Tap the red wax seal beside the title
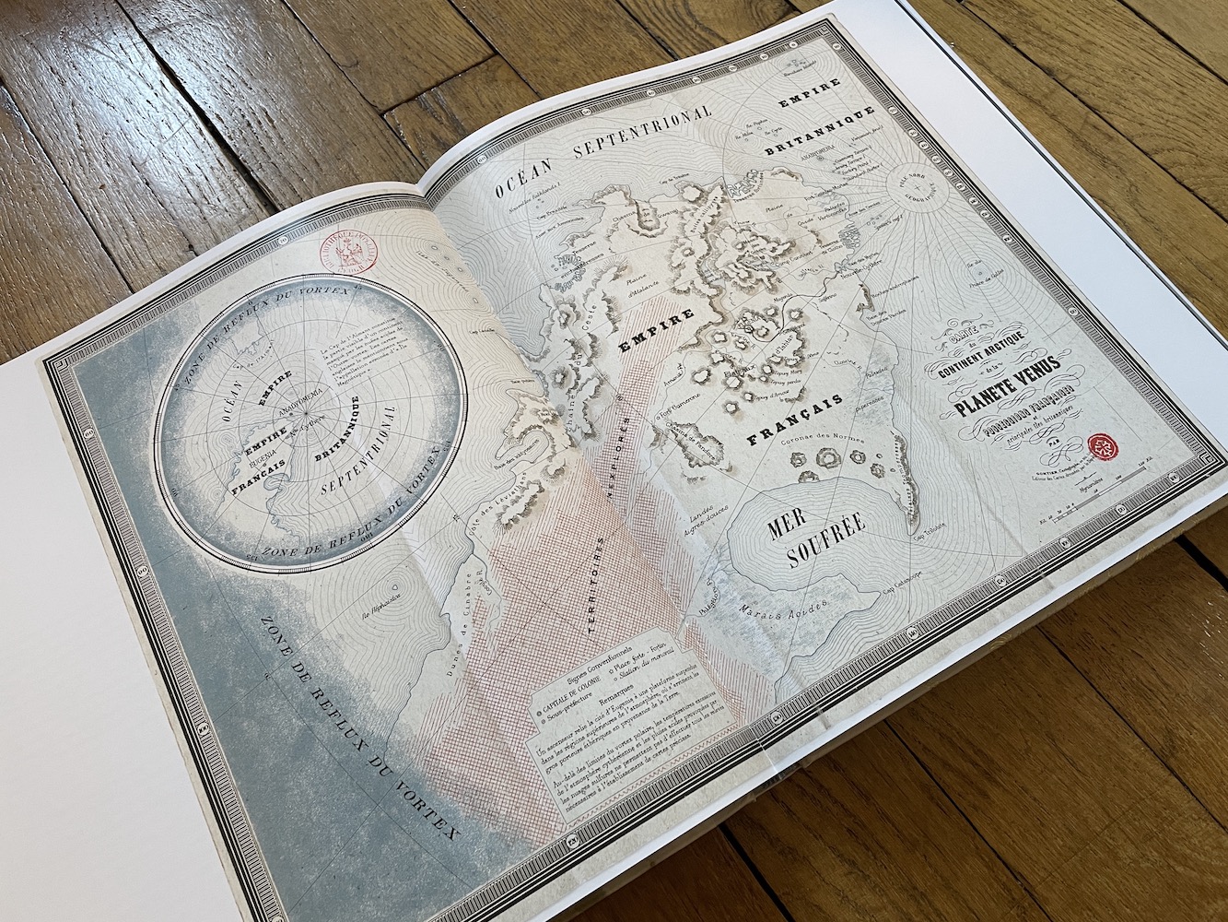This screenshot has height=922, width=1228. [1102, 447]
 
